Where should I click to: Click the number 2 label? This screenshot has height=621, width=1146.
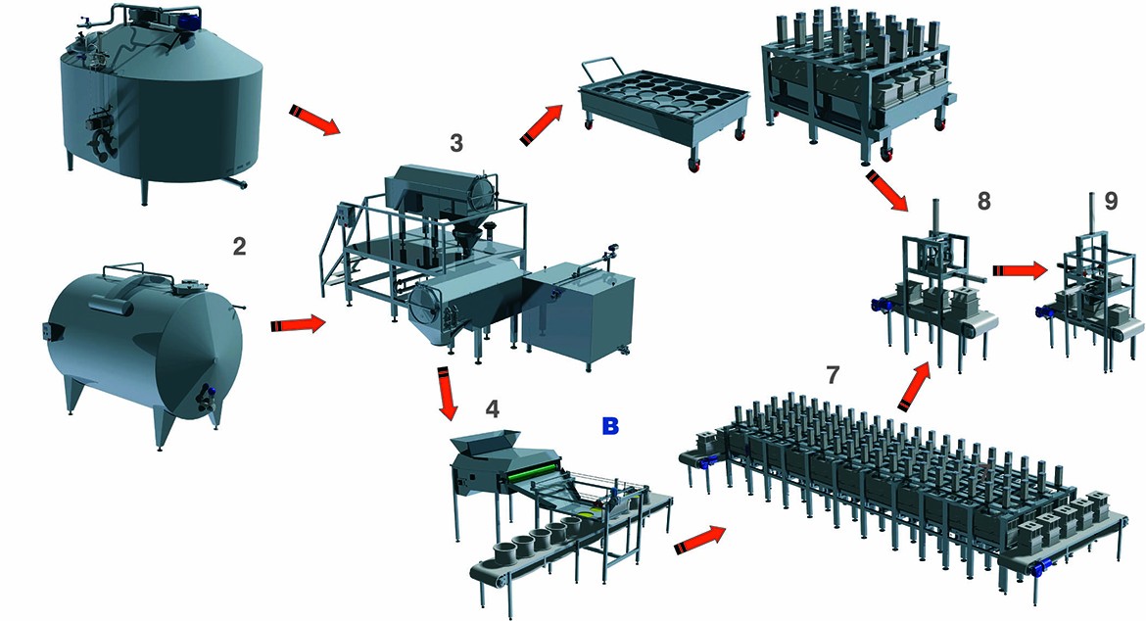[239, 246]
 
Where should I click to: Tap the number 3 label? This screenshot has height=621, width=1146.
[456, 143]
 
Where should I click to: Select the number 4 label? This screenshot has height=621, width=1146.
[493, 409]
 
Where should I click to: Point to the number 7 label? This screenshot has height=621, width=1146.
[832, 375]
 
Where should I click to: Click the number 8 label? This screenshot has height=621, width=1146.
[983, 201]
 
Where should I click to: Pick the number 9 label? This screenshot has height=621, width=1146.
[1111, 201]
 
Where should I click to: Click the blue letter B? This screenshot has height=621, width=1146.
[609, 426]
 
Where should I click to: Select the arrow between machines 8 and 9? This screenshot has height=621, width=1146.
[1020, 270]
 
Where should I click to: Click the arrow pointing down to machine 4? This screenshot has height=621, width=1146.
[446, 394]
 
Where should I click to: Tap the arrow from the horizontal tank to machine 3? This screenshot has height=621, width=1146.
[298, 323]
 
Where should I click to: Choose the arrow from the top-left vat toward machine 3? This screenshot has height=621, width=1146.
[315, 119]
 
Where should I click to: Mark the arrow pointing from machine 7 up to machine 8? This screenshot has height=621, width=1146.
[915, 384]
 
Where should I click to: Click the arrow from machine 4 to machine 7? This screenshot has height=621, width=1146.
[699, 539]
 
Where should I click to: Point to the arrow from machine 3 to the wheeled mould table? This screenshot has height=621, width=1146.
[541, 124]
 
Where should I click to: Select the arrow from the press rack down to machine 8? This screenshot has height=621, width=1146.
[886, 191]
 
